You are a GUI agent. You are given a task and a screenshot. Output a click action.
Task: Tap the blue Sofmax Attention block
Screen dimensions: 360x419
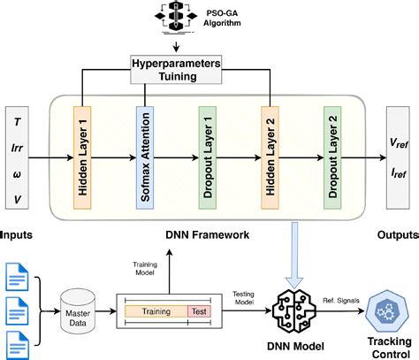coord(145,155)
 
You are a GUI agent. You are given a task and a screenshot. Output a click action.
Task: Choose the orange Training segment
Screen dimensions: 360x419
coord(156,312)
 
